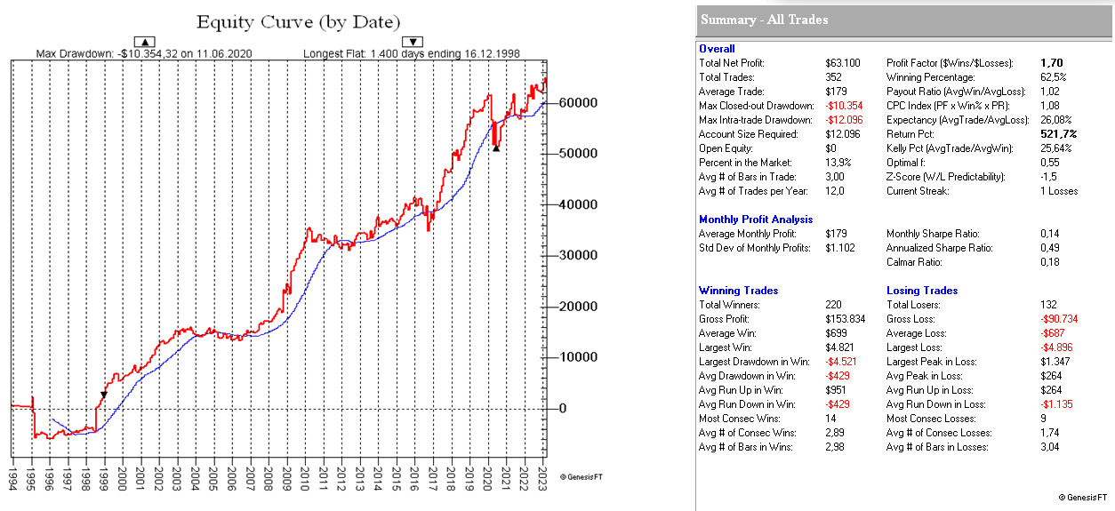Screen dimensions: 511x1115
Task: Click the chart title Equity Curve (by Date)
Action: [298, 21]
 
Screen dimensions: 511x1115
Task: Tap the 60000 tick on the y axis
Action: [577, 102]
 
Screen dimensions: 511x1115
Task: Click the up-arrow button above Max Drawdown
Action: [144, 41]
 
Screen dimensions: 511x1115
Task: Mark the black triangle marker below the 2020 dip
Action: [496, 148]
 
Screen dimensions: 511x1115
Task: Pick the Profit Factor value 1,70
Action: [1051, 63]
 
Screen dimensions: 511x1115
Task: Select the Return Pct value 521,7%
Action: [1058, 134]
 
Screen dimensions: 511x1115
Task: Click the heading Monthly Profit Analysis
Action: [756, 220]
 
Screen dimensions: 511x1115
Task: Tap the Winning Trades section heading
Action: [738, 291]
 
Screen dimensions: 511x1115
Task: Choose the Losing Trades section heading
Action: [922, 291]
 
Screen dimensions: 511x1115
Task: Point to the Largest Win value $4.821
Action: [839, 347]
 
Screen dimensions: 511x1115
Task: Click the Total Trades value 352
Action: [834, 77]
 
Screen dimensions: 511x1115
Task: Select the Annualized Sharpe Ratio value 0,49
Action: [1050, 248]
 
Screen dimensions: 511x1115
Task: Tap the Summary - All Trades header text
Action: [764, 20]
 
